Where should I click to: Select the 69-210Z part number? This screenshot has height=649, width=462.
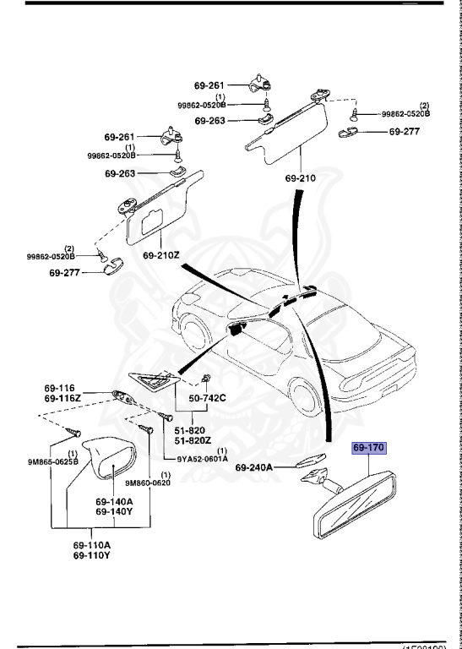160,255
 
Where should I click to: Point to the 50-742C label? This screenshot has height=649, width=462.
208,396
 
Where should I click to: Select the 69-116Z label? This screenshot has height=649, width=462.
63,397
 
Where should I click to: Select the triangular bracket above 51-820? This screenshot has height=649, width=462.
153,383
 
